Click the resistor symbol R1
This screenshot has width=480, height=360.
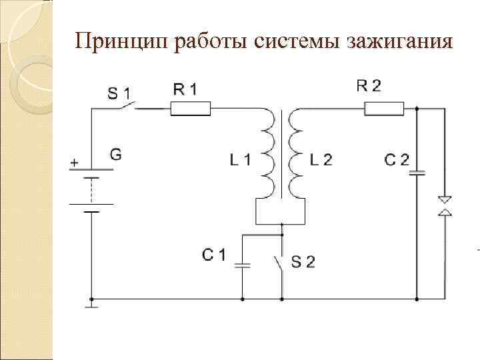coord(190,109)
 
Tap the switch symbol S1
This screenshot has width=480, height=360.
coord(125,107)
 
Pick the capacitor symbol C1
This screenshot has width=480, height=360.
coord(243,265)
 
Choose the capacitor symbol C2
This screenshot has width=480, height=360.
coord(417,173)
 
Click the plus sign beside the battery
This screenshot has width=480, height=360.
coord(73,161)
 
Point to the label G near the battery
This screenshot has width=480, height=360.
coord(115,155)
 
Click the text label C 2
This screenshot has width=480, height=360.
coord(397,160)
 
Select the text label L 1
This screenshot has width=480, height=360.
coord(241,160)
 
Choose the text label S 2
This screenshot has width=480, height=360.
coord(303,262)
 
